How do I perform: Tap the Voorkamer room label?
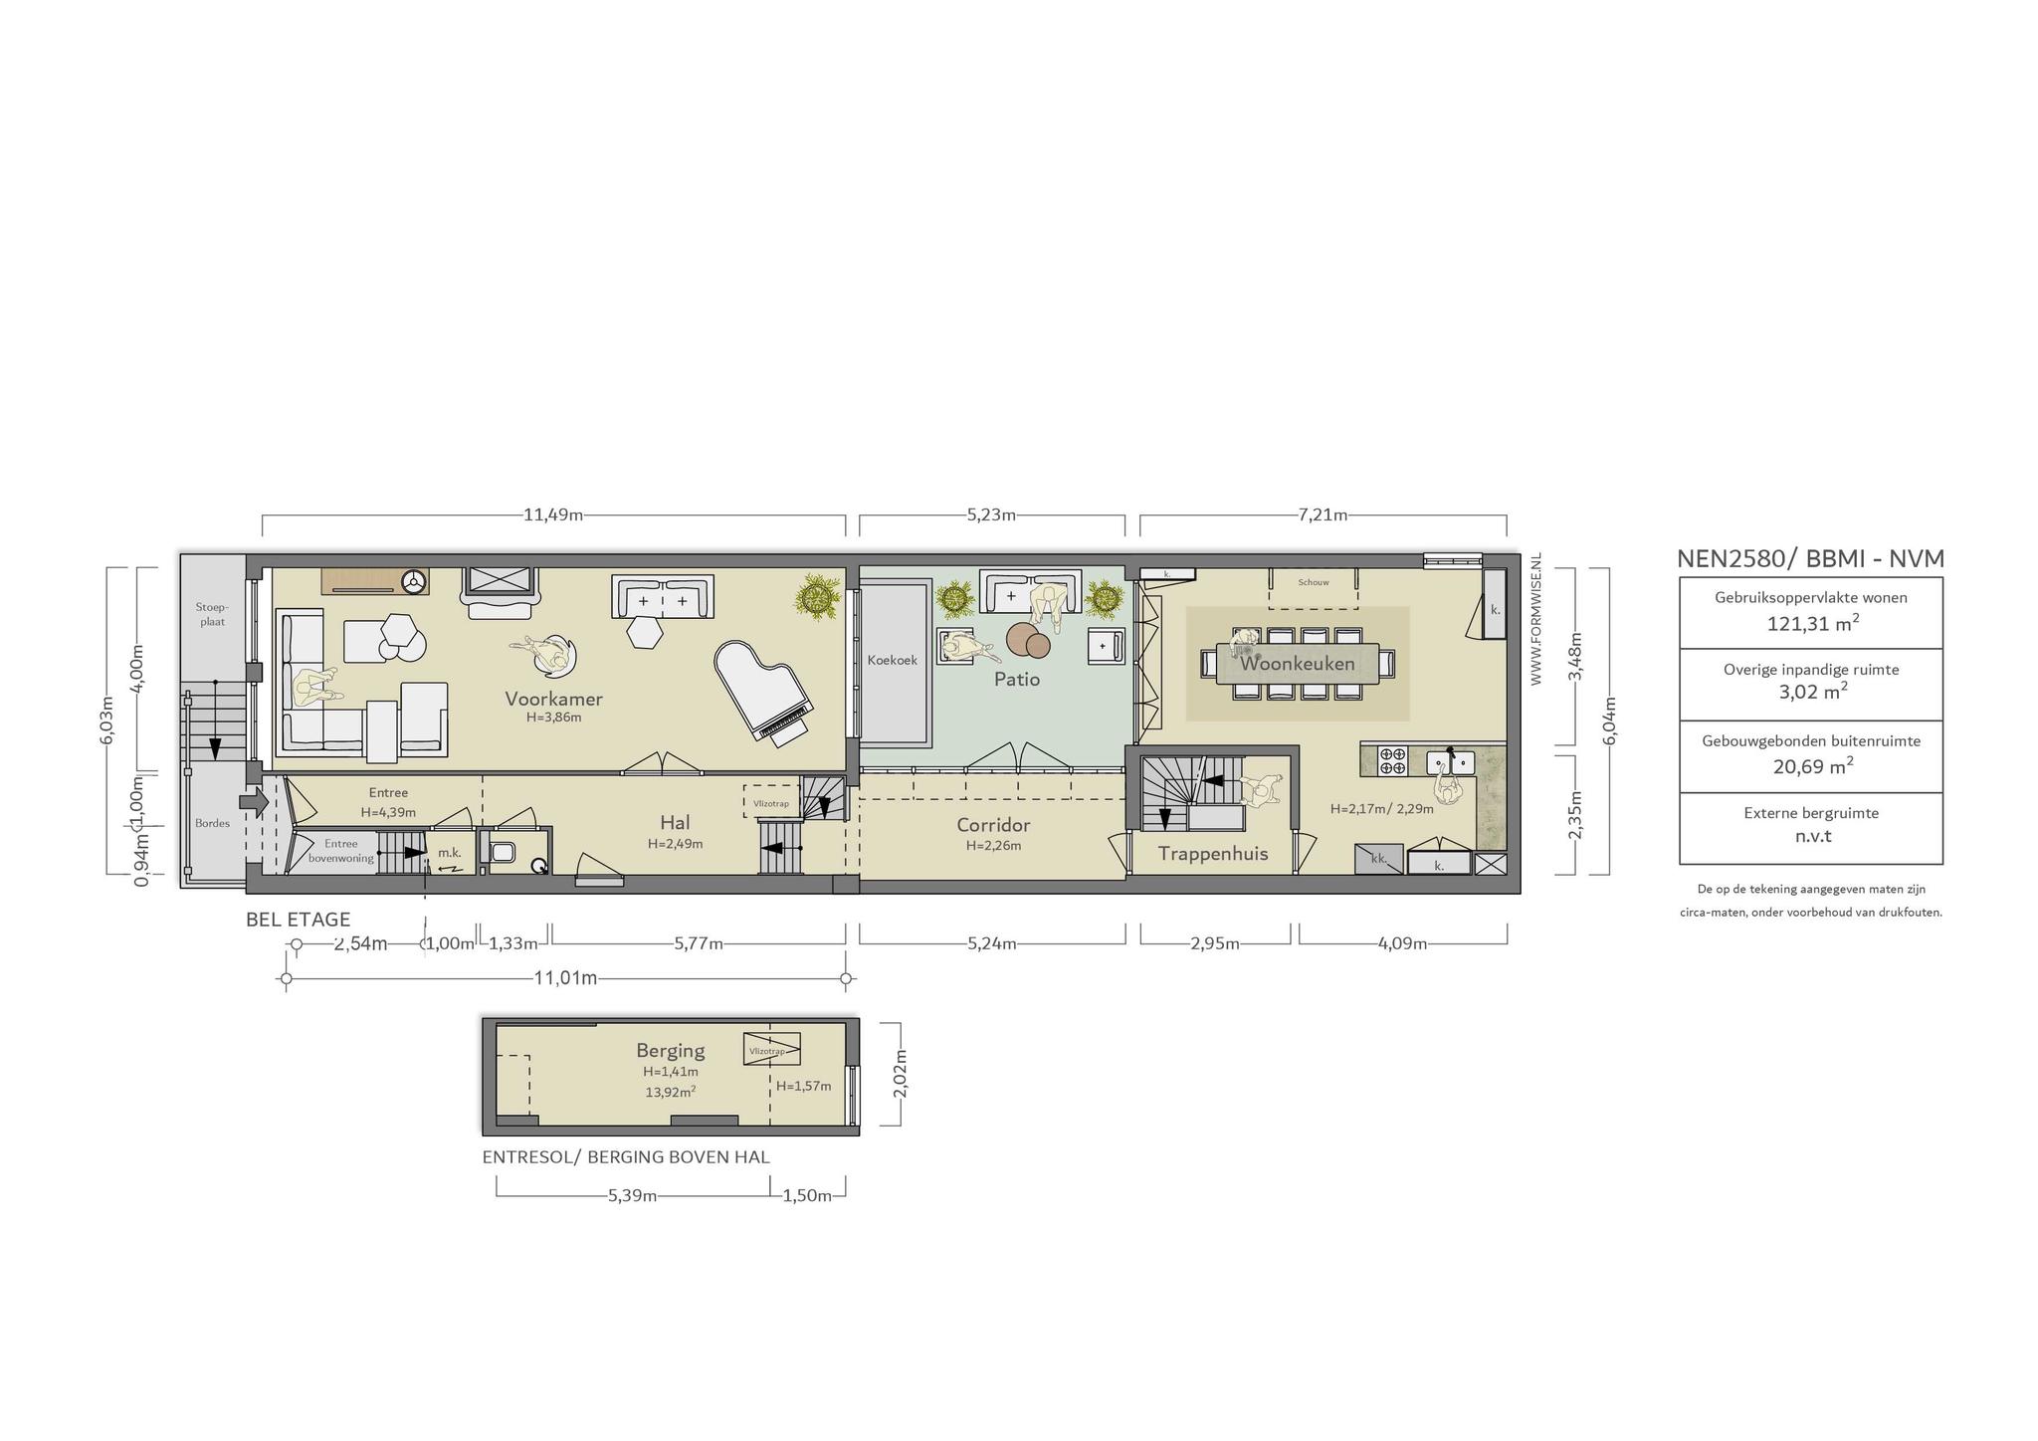click(x=553, y=698)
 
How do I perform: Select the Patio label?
click(x=1017, y=679)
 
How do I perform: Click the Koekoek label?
click(x=892, y=660)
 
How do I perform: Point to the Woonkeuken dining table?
click(x=1298, y=663)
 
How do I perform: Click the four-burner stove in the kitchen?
click(x=1392, y=761)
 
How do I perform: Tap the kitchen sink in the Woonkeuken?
click(x=1450, y=762)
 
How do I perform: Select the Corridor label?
click(x=993, y=825)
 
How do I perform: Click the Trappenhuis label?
click(x=1213, y=853)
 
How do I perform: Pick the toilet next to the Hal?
click(x=503, y=853)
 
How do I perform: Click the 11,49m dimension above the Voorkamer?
click(x=553, y=515)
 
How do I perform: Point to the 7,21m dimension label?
click(x=1323, y=515)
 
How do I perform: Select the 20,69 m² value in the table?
click(x=1812, y=765)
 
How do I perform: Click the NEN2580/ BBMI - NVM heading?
click(x=1810, y=558)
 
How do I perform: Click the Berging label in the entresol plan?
click(x=671, y=1051)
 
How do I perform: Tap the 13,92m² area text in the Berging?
click(x=671, y=1091)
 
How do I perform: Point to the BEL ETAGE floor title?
click(x=299, y=920)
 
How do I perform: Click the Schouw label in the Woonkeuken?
click(x=1314, y=582)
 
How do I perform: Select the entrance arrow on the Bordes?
click(x=255, y=800)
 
